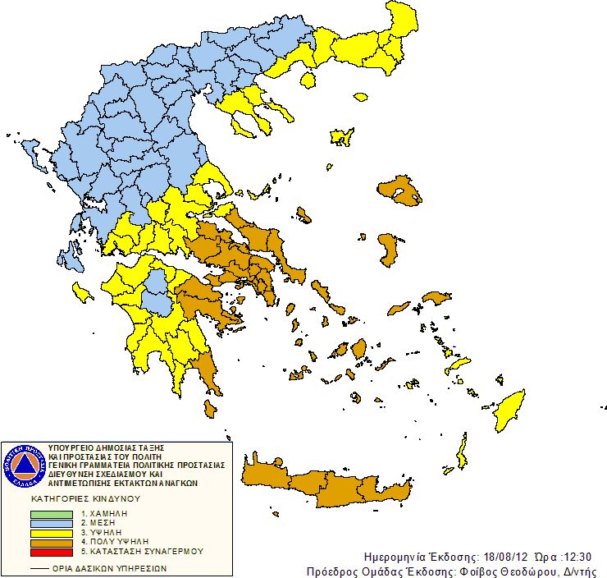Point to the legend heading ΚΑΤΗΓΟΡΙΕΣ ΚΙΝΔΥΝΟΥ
[86, 498]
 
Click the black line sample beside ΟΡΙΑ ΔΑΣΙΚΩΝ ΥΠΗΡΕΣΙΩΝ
[38, 567]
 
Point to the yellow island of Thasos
[308, 80]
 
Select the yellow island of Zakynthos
[81, 291]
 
